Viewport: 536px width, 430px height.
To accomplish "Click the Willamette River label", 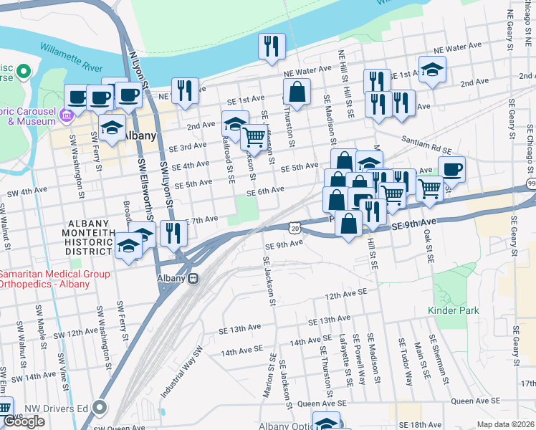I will click(72, 59).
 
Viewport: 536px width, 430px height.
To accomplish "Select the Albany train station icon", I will click(193, 279).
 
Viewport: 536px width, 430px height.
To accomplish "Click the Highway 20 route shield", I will click(295, 227).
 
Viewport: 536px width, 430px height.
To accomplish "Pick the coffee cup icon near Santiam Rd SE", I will click(451, 169).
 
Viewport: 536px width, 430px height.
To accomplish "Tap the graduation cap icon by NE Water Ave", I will click(433, 70).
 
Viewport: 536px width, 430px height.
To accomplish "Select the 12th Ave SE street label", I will click(345, 294).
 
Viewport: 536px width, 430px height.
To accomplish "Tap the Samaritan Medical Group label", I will click(54, 274).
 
